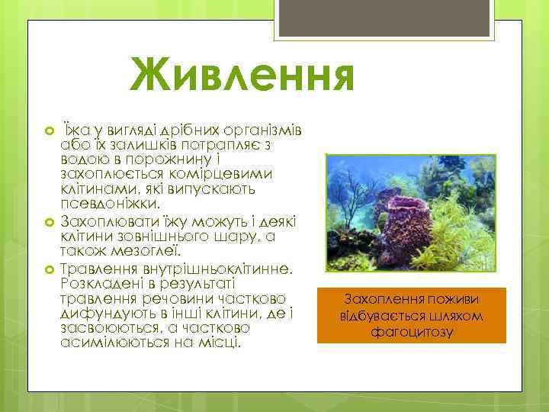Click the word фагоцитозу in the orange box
click(x=411, y=332)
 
